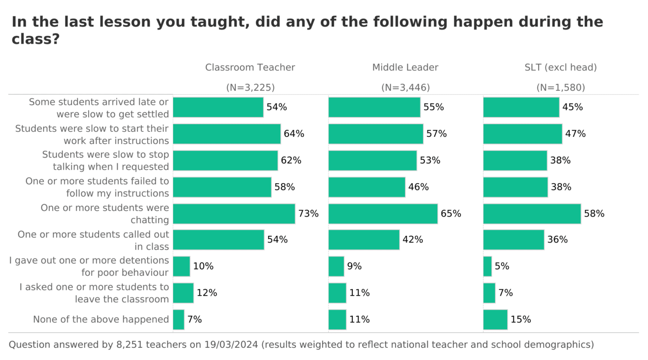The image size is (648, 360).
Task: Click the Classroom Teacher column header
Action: (x=250, y=67)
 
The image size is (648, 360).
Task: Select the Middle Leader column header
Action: (x=405, y=67)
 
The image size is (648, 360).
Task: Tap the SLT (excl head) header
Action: (x=560, y=67)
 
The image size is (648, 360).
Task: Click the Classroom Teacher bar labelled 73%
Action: (x=234, y=214)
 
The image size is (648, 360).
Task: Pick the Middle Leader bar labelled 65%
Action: (x=383, y=214)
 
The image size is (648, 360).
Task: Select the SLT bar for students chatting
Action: (x=532, y=214)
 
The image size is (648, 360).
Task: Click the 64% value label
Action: (x=294, y=134)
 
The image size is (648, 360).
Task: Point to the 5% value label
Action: (x=502, y=266)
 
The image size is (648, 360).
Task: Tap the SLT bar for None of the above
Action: (x=495, y=319)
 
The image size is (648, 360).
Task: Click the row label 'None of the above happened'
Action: (x=101, y=319)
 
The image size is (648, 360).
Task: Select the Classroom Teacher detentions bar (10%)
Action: (x=181, y=266)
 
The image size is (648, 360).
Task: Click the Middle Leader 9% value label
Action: (x=354, y=266)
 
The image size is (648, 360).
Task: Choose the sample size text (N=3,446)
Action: (x=405, y=88)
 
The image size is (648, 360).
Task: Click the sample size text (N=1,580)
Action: (x=561, y=88)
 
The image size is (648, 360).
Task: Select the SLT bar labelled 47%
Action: (x=522, y=134)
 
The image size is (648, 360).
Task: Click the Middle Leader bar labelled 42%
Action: (x=364, y=240)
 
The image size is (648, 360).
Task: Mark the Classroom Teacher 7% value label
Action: (x=194, y=319)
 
